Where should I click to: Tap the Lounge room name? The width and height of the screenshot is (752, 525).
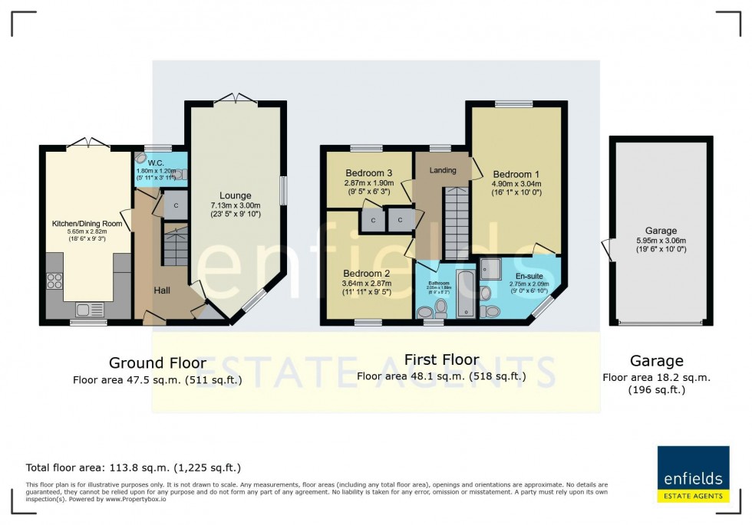click(236, 195)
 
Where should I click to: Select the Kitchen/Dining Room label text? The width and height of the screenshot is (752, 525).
click(87, 223)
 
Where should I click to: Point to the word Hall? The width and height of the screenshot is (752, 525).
click(162, 290)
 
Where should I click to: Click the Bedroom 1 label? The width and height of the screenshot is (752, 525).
click(516, 173)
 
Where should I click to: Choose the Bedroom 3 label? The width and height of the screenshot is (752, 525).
click(368, 172)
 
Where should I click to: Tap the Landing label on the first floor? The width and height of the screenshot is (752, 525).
click(443, 170)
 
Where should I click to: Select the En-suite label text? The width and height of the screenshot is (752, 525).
click(529, 275)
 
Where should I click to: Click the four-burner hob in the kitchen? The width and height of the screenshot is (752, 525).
click(55, 281)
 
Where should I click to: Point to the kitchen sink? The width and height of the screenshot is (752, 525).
click(91, 310)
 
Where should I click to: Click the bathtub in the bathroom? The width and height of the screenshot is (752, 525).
click(465, 293)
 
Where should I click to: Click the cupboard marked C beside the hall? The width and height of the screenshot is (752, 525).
click(176, 205)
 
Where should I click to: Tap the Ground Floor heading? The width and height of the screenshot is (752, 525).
click(157, 363)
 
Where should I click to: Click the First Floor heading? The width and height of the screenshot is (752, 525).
click(441, 359)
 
